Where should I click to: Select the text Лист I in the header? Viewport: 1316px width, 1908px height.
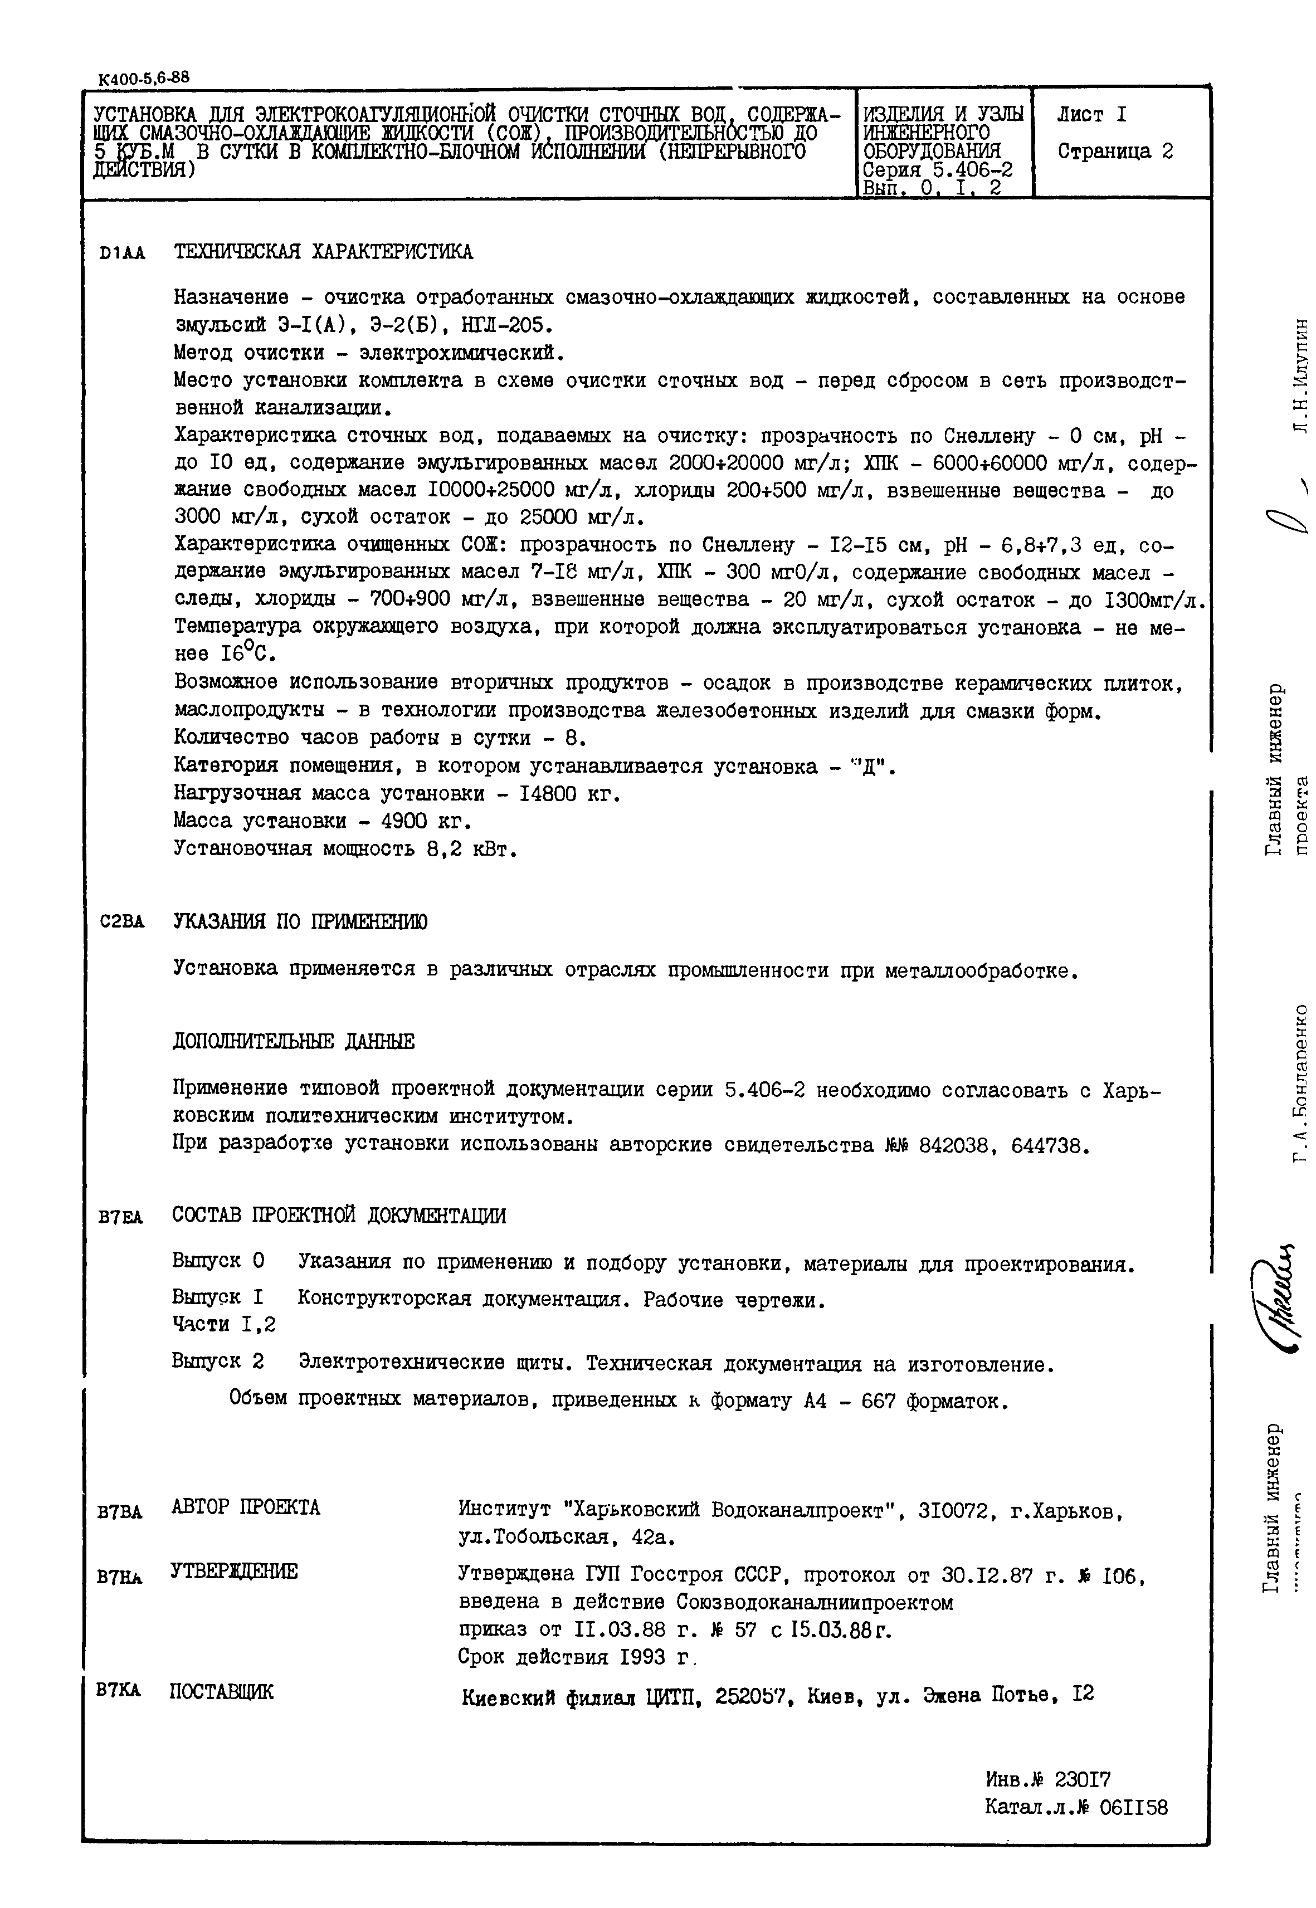(1091, 115)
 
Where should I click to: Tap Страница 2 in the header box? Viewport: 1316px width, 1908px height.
(1115, 152)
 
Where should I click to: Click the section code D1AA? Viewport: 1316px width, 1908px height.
(122, 254)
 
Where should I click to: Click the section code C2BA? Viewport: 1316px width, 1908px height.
(121, 923)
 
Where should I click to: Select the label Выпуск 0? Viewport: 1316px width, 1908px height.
(218, 1261)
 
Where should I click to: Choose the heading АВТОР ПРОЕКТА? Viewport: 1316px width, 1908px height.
(245, 1507)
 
